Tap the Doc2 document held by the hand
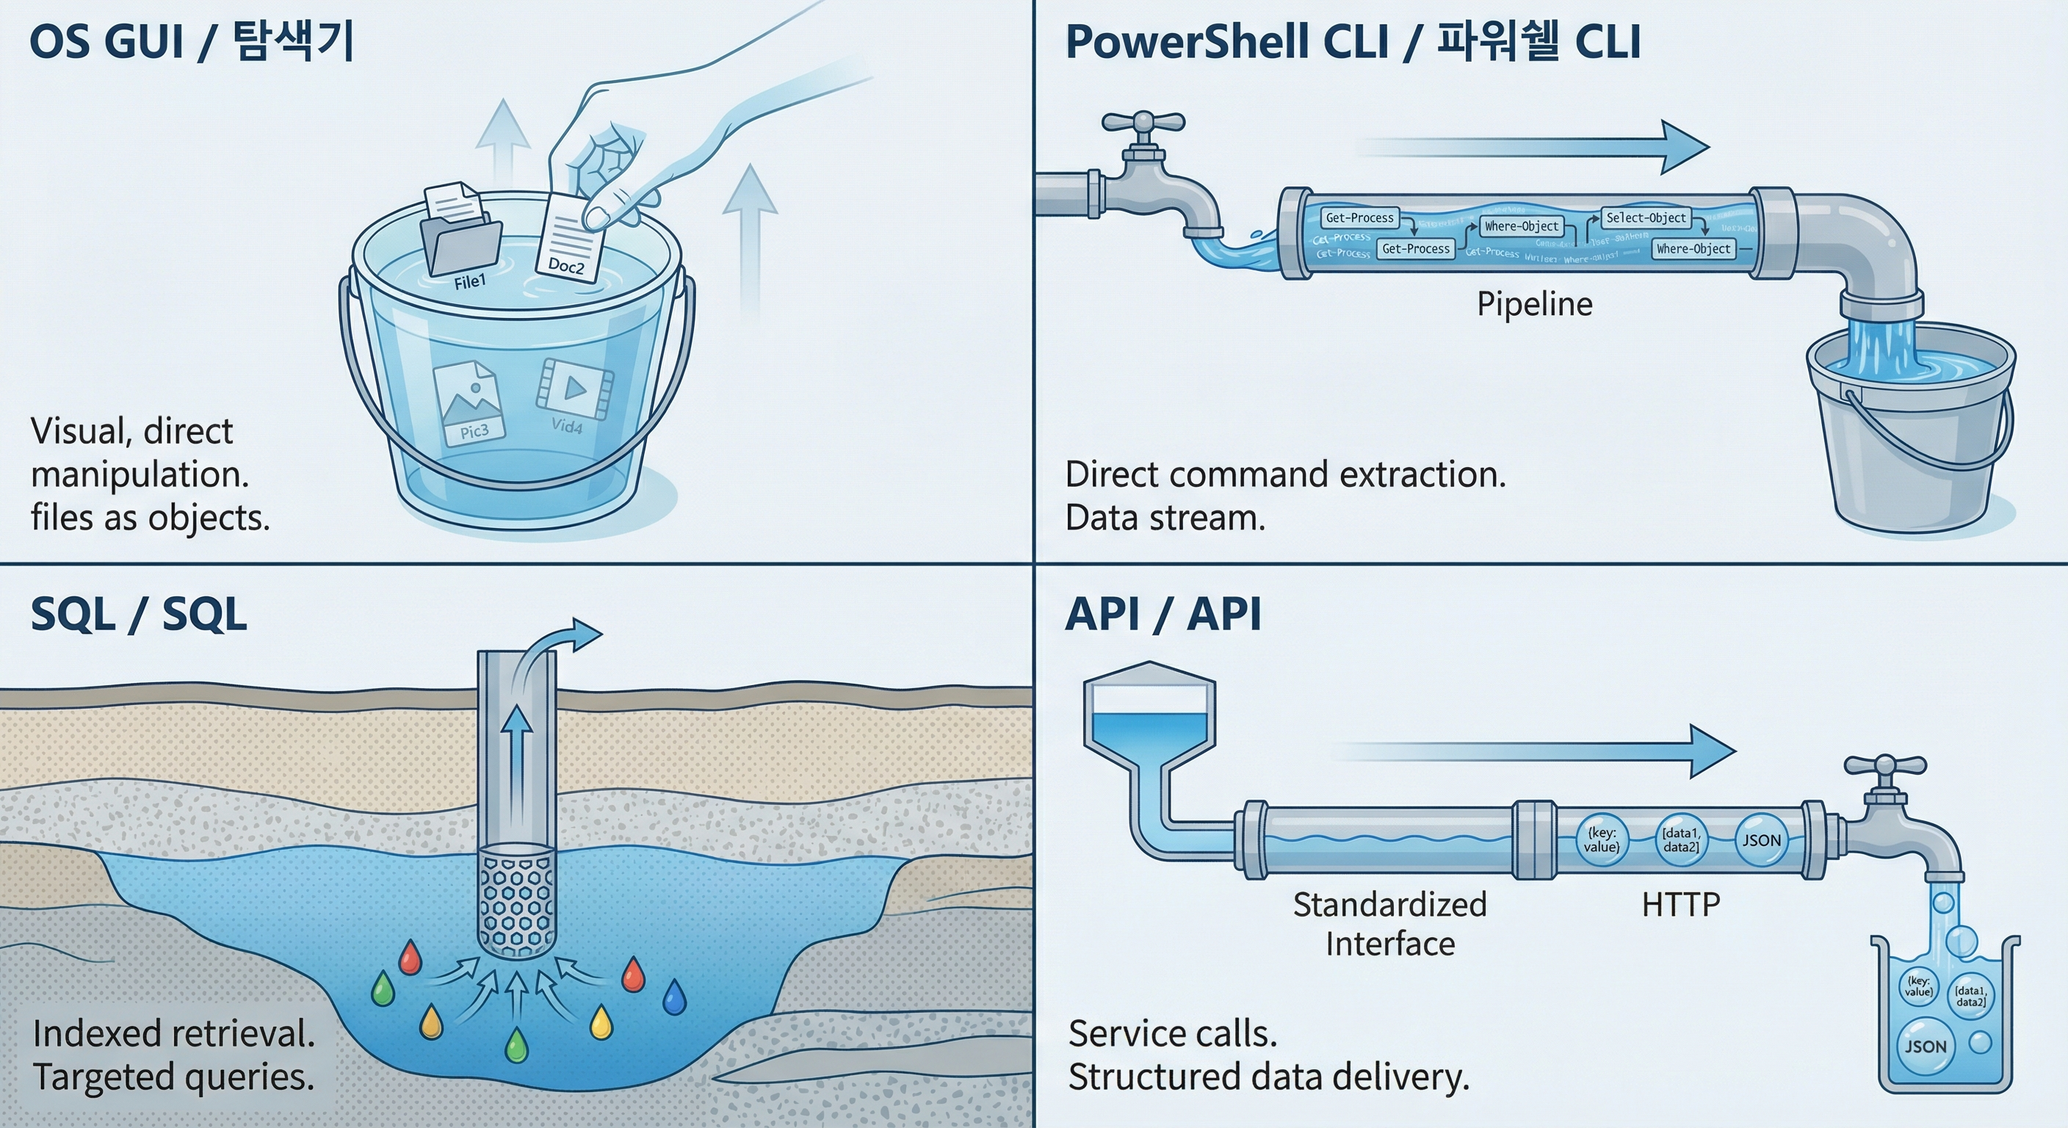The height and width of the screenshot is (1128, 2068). pos(570,239)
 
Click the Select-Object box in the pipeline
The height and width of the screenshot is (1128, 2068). pos(1646,217)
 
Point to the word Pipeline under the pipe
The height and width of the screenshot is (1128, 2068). pos(1534,304)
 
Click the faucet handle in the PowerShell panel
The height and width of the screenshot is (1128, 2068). pos(1143,123)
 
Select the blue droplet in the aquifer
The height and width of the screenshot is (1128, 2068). pos(674,997)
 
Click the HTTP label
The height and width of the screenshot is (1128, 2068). pos(1680,905)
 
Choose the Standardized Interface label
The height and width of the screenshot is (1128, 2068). pos(1389,924)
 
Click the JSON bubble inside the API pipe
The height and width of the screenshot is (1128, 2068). pos(1761,841)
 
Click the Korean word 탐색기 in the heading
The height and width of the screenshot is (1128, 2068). pos(294,42)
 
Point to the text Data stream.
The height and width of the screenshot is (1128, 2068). pos(1165,518)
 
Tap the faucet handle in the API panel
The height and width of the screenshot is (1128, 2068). pos(1884,766)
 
